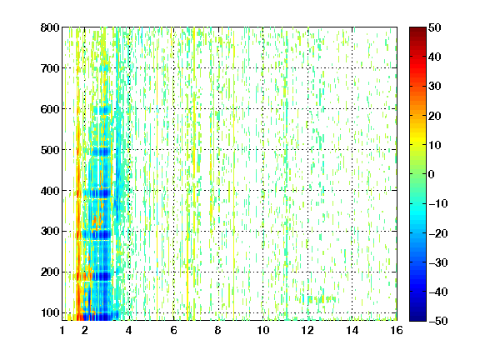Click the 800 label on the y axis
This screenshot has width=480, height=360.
point(50,27)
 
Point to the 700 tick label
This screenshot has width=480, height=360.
point(50,68)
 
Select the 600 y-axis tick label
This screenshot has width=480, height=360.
point(50,109)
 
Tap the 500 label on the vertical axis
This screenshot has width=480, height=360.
point(50,150)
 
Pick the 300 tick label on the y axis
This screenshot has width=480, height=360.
point(50,232)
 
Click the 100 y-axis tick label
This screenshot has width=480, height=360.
point(50,312)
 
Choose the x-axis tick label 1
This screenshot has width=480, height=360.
point(62,330)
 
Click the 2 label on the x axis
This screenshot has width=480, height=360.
point(84,330)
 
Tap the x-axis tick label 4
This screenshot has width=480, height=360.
point(129,330)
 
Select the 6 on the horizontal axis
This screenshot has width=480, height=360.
point(173,330)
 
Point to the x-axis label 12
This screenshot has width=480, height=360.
point(307,330)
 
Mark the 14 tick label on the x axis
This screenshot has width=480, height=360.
point(352,330)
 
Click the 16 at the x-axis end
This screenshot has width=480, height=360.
point(397,330)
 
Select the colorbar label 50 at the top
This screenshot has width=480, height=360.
point(434,27)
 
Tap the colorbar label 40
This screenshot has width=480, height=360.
point(434,57)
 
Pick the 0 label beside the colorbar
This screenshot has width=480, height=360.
point(432,174)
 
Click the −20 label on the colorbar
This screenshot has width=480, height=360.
point(437,233)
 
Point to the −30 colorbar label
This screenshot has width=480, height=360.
point(437,262)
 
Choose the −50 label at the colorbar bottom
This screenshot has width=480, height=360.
point(437,321)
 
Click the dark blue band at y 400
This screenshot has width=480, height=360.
point(97,193)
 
